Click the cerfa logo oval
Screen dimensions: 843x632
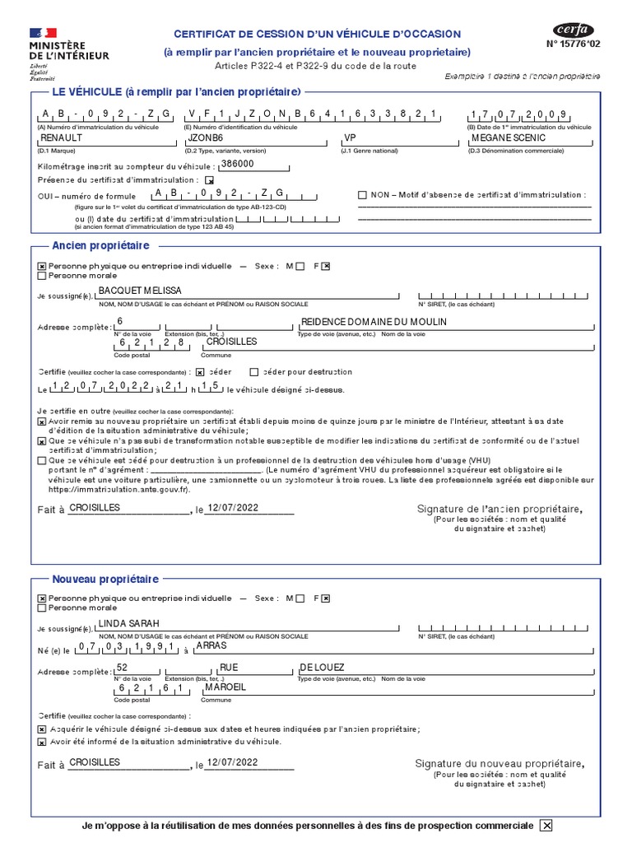573,30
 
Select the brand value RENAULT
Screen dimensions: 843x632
63,138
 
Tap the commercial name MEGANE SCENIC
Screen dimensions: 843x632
509,138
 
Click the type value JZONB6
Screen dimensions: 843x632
207,138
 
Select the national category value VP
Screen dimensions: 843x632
350,138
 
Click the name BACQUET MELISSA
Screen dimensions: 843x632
140,291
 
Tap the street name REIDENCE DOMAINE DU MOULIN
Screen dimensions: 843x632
374,322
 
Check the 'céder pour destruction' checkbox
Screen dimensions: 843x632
254,372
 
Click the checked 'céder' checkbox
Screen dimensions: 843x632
200,372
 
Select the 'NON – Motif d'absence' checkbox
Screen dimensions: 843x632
362,195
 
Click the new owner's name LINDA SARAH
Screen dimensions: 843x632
128,623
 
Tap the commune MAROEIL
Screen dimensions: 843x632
225,687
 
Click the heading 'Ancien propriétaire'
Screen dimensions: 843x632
100,246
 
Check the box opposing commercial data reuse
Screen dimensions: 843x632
546,826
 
